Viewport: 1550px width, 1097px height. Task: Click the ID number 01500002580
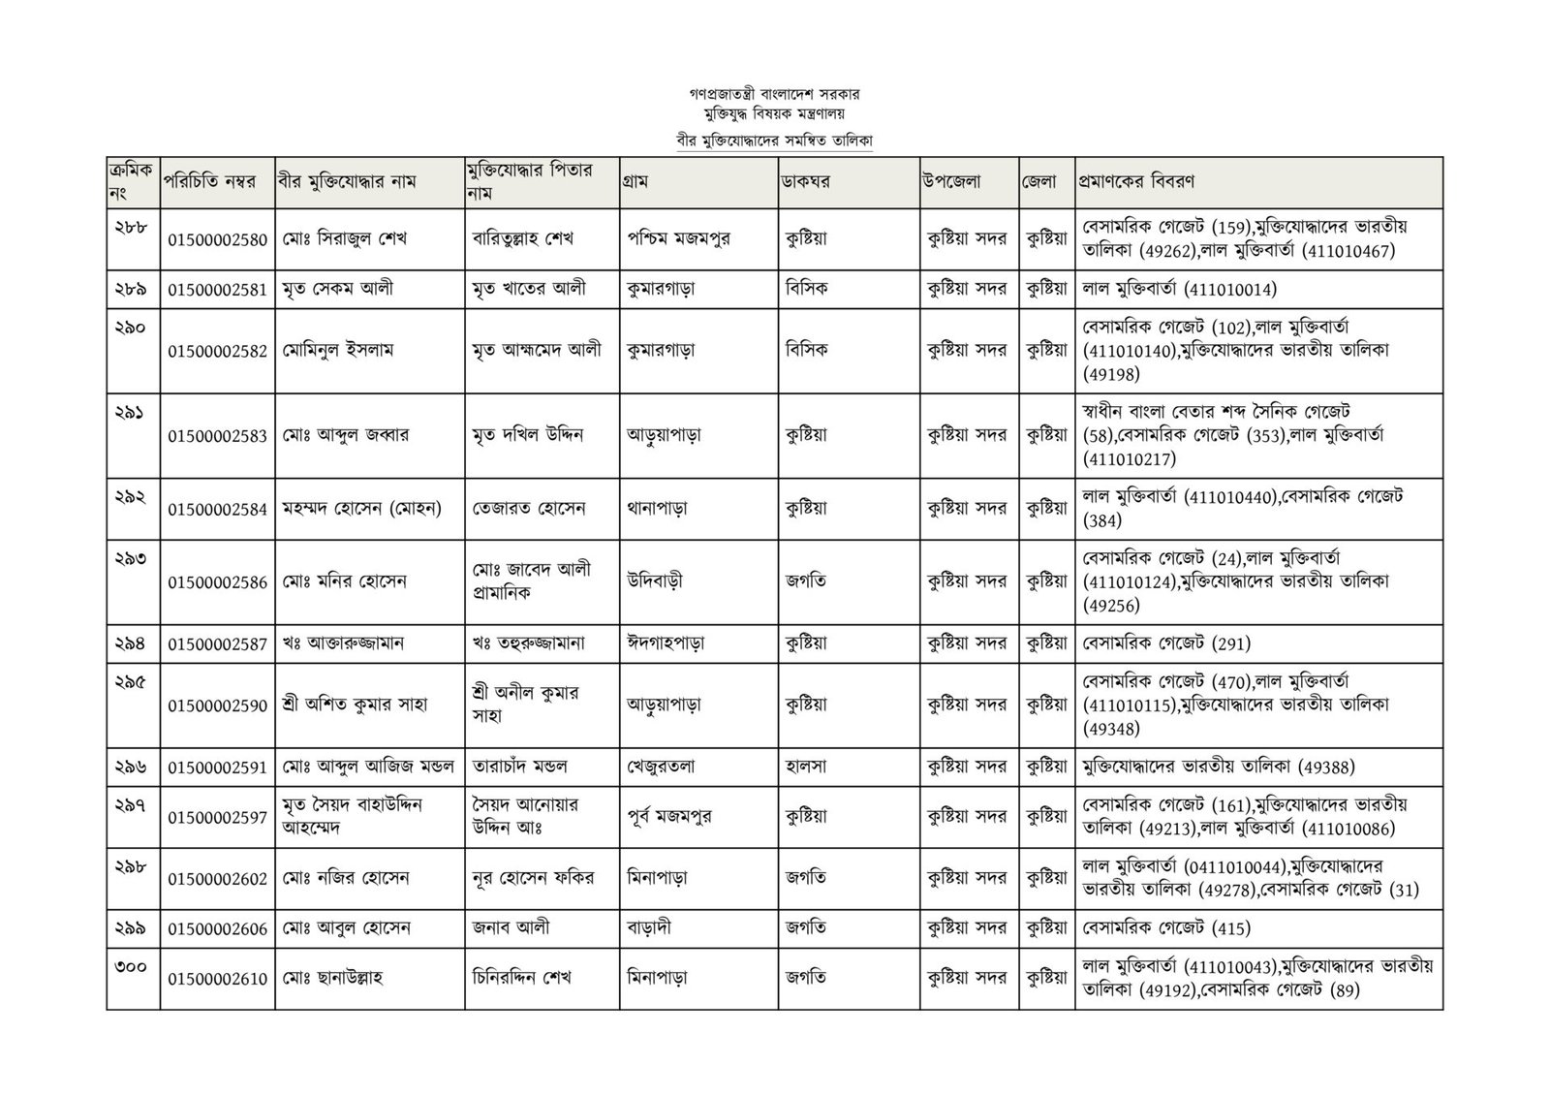[217, 240]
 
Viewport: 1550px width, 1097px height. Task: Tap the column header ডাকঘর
[807, 181]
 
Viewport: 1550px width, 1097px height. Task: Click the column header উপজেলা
[952, 181]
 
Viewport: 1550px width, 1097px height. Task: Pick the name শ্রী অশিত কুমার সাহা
[356, 705]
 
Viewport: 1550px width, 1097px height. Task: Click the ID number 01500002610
[217, 979]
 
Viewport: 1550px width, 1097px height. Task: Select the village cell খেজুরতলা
[661, 767]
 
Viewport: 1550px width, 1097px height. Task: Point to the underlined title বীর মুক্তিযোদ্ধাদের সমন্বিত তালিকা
[775, 141]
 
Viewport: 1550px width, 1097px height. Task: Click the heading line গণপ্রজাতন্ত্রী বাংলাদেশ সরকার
[775, 95]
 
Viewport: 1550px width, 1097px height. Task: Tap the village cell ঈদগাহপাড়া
[666, 642]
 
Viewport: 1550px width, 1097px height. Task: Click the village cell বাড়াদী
[649, 927]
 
